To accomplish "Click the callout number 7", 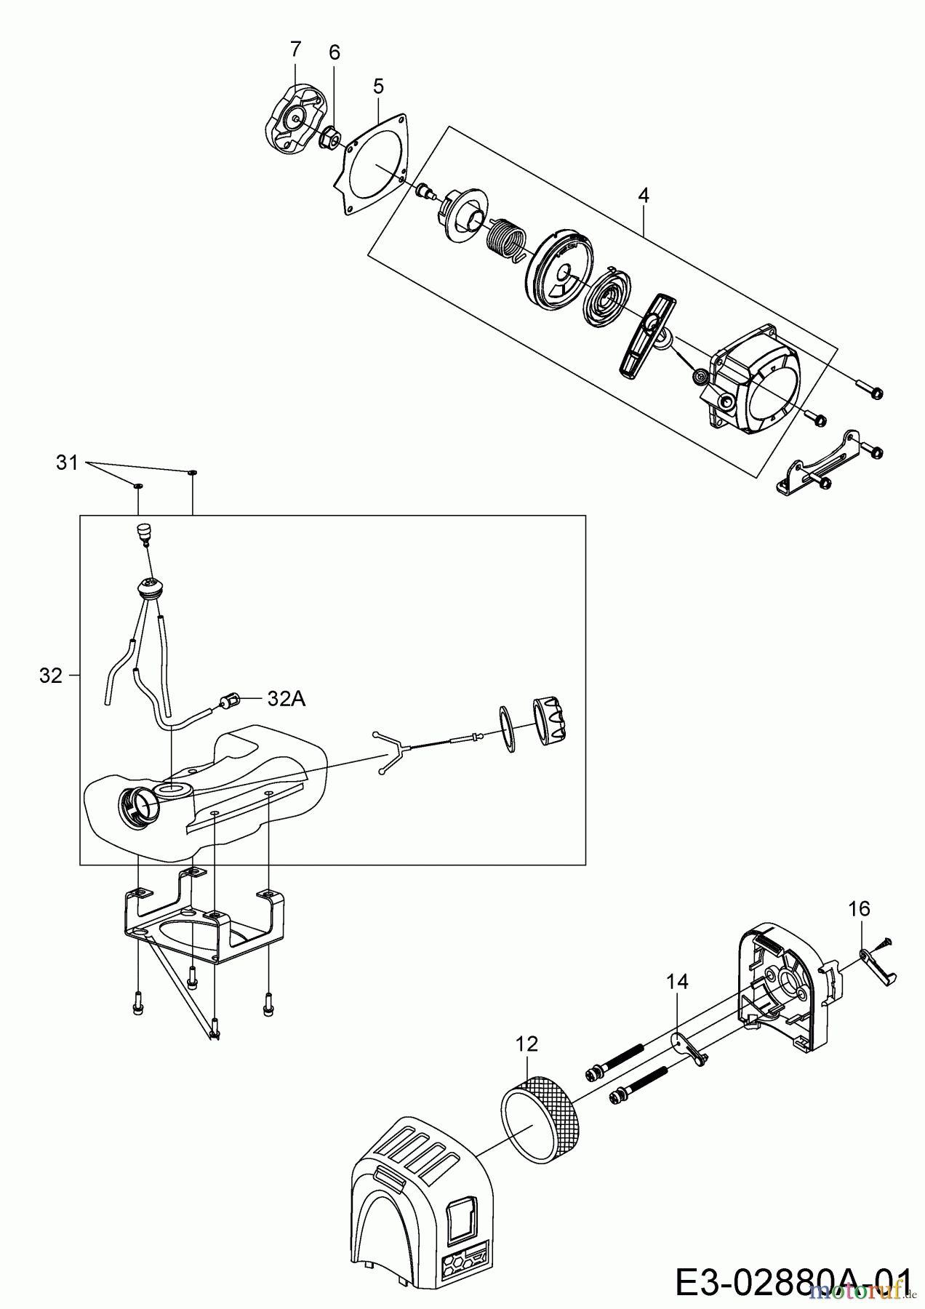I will (295, 49).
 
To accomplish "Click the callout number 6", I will (335, 52).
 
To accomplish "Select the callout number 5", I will (378, 86).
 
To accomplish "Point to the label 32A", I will (287, 699).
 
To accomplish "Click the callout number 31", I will (67, 462).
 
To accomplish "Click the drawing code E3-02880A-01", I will (793, 1282).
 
